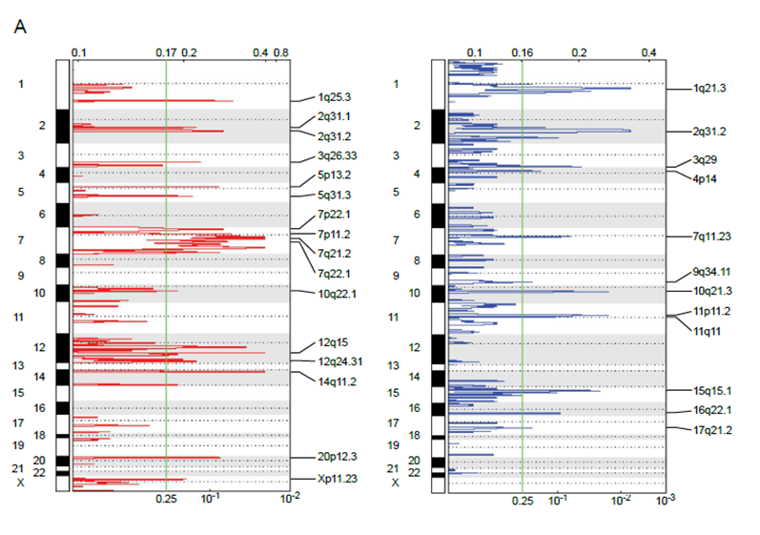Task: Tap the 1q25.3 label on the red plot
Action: click(x=334, y=96)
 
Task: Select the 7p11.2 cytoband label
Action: click(x=334, y=234)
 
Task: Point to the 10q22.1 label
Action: click(x=336, y=293)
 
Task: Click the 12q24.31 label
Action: click(x=339, y=361)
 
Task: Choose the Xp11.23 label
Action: click(x=337, y=479)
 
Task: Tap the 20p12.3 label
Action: click(x=337, y=459)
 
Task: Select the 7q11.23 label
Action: click(x=713, y=236)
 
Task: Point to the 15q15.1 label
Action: click(x=712, y=390)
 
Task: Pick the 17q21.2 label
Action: click(x=712, y=430)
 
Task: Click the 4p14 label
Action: click(x=706, y=178)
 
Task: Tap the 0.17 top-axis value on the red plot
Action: click(x=166, y=52)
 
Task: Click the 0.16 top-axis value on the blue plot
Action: click(x=522, y=52)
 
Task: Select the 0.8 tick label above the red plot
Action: click(x=281, y=52)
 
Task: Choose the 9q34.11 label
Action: click(x=712, y=272)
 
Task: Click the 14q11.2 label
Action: click(x=336, y=381)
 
